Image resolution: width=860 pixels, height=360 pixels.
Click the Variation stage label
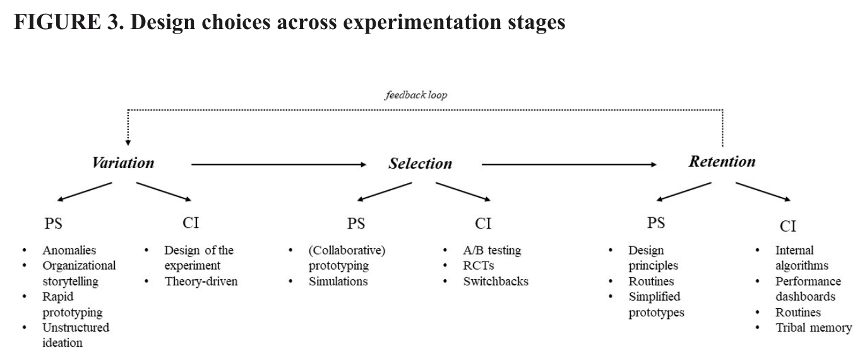123,163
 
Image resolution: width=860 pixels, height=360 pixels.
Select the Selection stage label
421,164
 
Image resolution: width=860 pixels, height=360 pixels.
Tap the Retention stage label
722,161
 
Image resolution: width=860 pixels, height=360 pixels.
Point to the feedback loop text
416,95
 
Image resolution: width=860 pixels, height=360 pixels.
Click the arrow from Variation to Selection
278,164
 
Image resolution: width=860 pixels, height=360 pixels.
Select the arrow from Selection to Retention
569,164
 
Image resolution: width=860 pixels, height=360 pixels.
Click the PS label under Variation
54,223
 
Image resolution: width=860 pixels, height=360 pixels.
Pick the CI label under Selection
483,223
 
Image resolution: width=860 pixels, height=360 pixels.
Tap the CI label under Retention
788,226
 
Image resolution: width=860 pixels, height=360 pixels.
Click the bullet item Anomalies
69,250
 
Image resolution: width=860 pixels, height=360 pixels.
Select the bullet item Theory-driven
201,281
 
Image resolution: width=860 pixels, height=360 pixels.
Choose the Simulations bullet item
338,281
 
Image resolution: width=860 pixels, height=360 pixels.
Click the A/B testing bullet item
493,250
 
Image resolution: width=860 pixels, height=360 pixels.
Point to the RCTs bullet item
479,265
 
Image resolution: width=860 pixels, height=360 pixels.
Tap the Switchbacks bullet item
496,281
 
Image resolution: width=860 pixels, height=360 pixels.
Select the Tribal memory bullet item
813,328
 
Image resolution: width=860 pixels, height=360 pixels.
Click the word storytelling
70,281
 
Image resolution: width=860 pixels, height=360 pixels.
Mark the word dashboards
805,297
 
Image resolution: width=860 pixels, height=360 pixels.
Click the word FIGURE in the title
57,21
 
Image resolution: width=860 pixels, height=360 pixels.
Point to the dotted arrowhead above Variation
128,143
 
